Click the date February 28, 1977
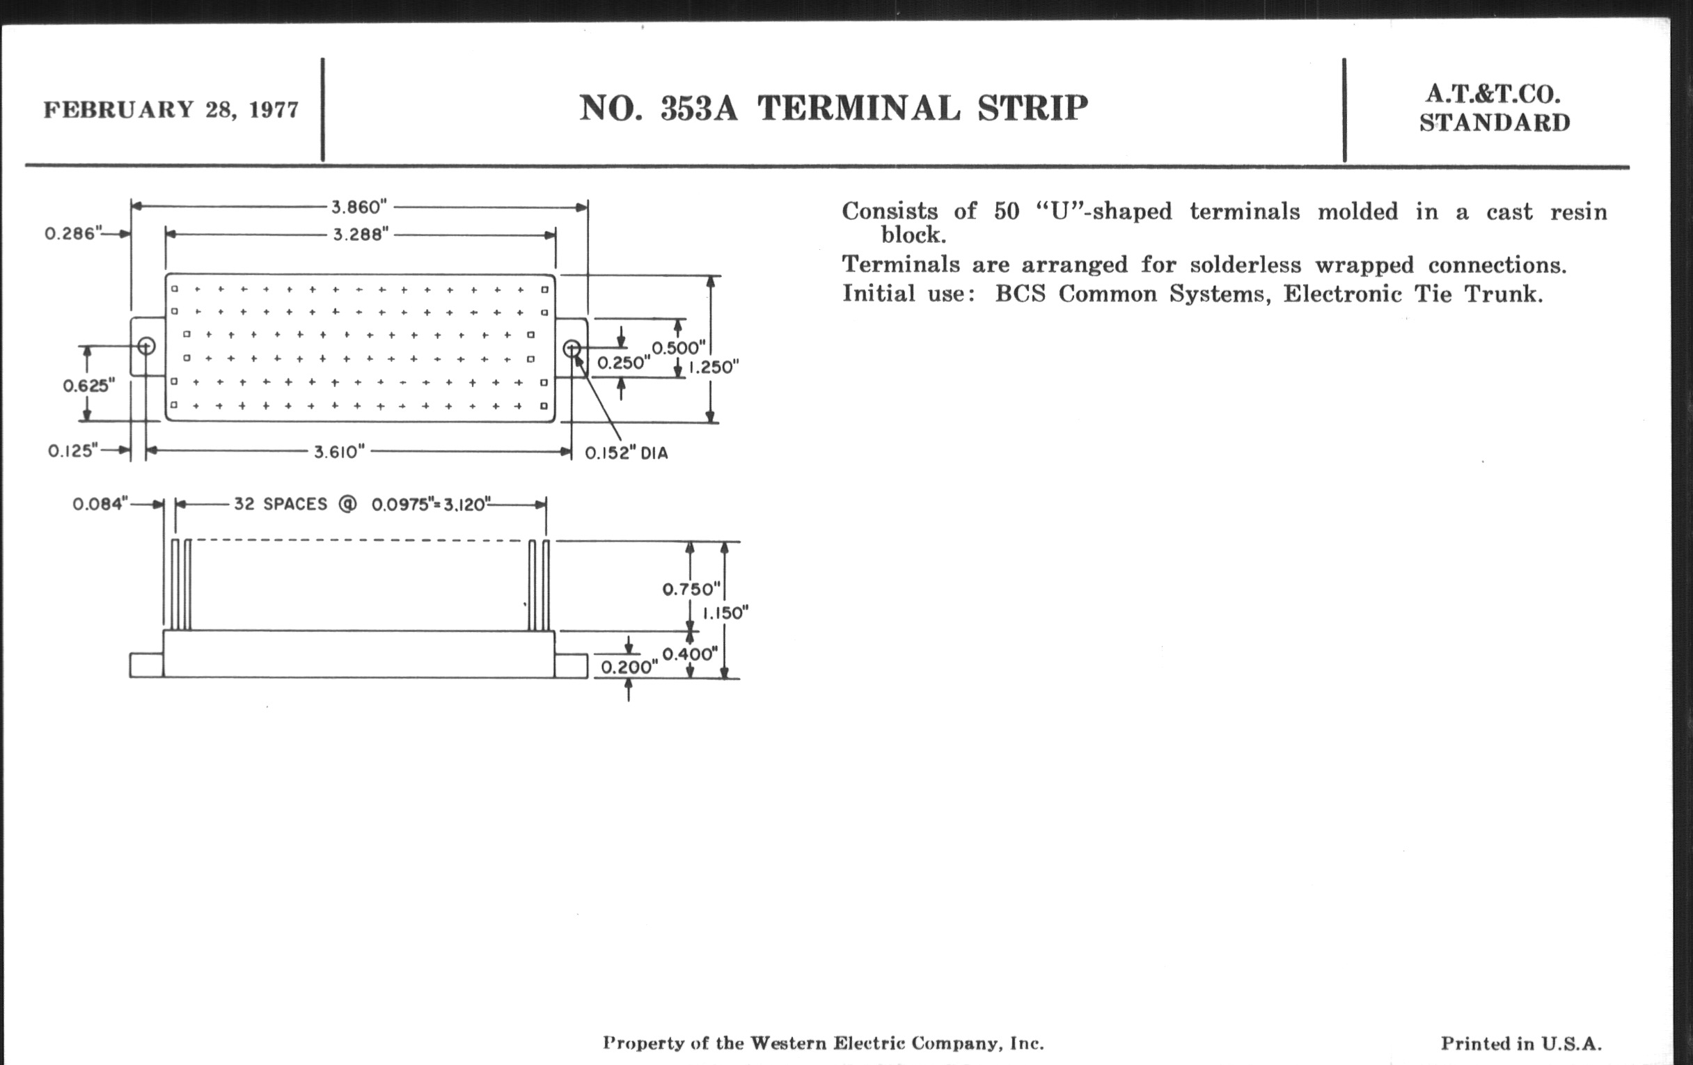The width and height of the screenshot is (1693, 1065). click(171, 110)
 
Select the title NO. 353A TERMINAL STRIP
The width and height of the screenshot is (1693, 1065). click(833, 109)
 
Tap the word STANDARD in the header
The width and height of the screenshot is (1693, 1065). click(1495, 123)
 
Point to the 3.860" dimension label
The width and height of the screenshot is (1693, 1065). click(359, 207)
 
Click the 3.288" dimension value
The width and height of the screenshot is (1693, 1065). click(361, 234)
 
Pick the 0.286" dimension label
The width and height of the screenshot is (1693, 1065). click(74, 232)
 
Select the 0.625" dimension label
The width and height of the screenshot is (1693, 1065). click(88, 385)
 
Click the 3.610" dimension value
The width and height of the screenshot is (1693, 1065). click(340, 451)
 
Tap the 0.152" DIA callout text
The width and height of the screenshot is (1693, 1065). click(627, 453)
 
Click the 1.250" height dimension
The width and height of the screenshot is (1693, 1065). click(714, 367)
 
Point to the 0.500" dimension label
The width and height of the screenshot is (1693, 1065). click(679, 348)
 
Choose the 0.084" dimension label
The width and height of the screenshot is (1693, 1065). click(100, 504)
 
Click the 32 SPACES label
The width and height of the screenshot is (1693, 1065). click(281, 504)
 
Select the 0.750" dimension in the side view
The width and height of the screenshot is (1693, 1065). click(692, 589)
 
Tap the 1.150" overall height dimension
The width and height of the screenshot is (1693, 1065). click(725, 613)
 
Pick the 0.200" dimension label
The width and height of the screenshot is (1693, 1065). click(629, 666)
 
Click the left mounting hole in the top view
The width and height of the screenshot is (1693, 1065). click(146, 346)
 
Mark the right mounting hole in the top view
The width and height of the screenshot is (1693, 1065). click(572, 348)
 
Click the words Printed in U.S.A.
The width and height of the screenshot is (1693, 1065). click(1522, 1044)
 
